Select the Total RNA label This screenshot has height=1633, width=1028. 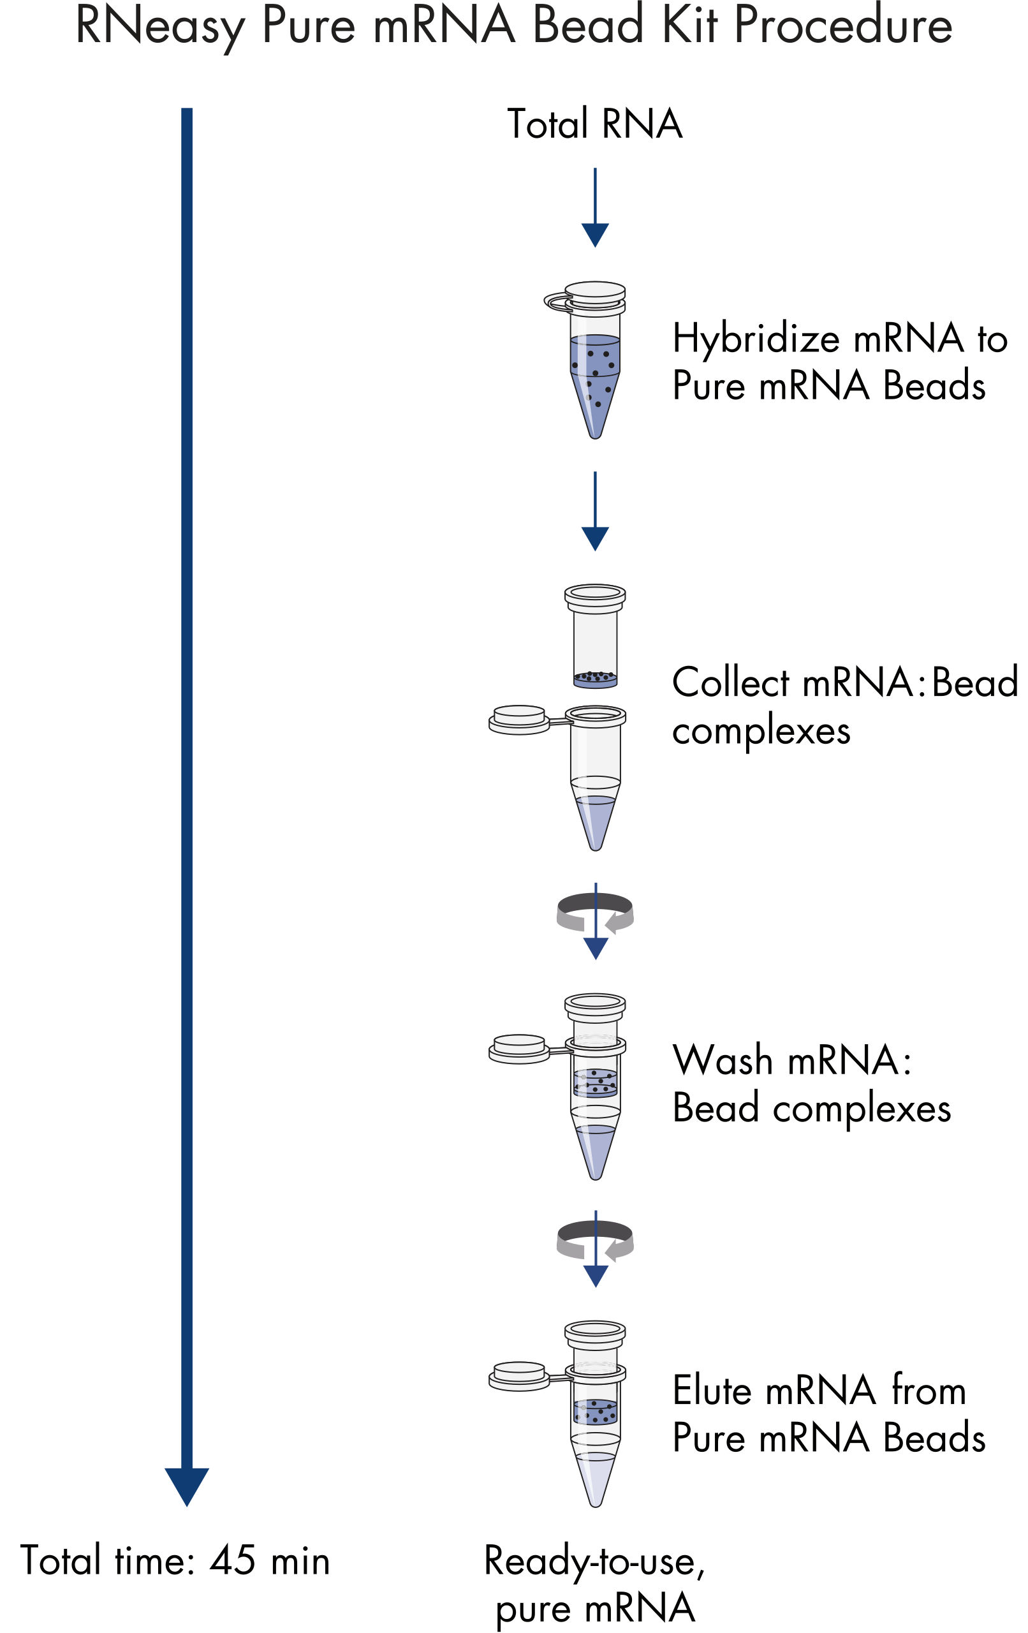point(595,124)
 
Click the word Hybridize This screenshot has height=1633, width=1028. point(756,338)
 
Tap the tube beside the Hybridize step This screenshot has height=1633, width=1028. point(588,359)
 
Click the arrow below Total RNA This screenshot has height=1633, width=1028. point(595,207)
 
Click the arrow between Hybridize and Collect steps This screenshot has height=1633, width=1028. point(595,512)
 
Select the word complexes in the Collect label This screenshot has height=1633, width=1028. point(761,732)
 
